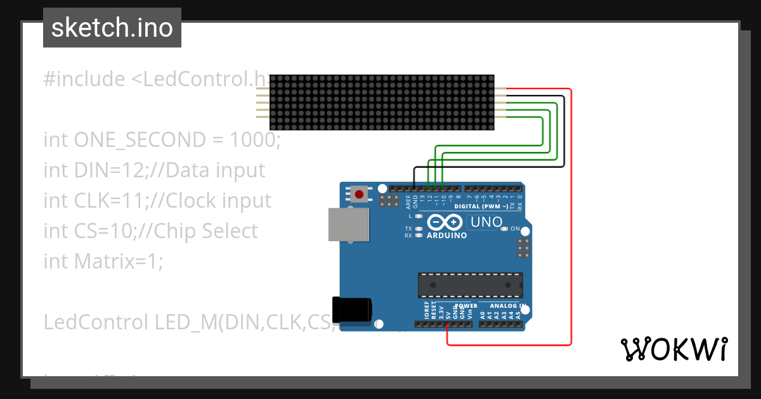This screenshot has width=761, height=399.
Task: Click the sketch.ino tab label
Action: (x=112, y=28)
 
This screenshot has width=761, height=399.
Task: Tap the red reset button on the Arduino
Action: (x=360, y=194)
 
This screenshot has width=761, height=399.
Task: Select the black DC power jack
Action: (x=353, y=309)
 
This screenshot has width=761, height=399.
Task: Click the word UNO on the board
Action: (x=486, y=222)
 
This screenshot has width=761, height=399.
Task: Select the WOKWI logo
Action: (x=673, y=349)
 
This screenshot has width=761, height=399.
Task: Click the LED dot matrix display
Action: (x=382, y=103)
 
